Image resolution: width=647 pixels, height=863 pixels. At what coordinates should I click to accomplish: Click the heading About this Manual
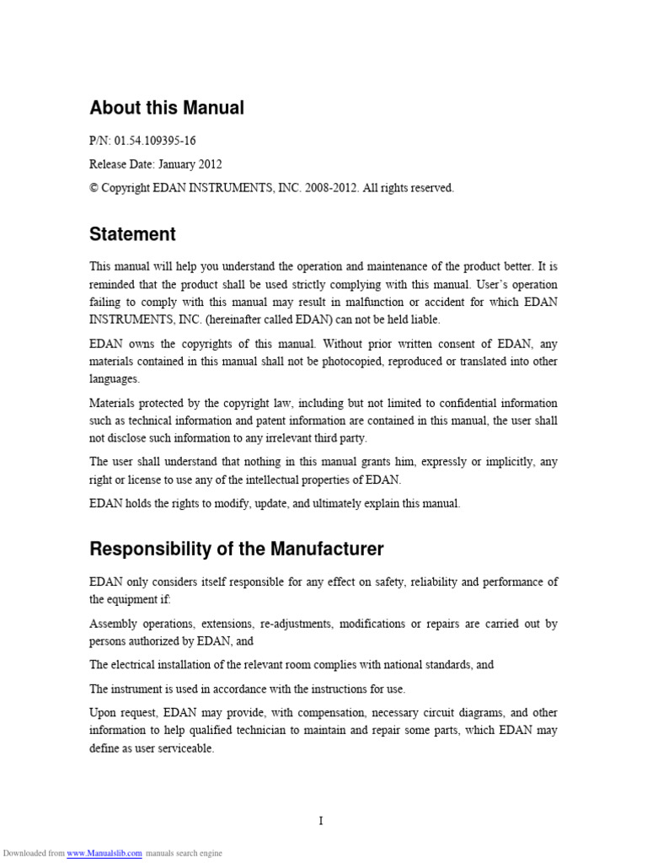[x=167, y=108]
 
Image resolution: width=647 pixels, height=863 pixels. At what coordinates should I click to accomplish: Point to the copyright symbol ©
[x=94, y=188]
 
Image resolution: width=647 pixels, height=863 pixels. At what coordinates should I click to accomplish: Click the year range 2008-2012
[x=330, y=188]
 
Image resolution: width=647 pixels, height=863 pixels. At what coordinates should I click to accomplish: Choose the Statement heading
[x=132, y=234]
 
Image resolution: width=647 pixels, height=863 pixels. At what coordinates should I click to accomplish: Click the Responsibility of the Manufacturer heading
[x=236, y=549]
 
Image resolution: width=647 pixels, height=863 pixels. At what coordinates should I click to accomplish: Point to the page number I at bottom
[x=321, y=822]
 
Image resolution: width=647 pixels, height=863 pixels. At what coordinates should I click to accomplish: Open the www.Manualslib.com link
[x=104, y=853]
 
